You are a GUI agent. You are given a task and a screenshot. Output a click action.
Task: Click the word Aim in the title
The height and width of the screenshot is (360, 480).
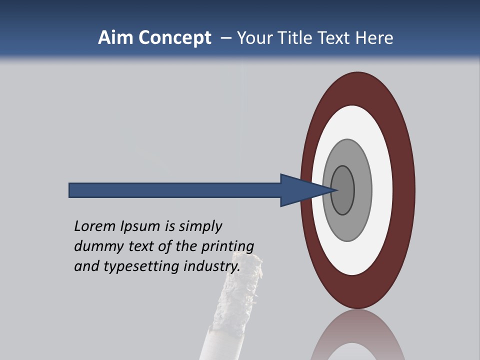click(110, 38)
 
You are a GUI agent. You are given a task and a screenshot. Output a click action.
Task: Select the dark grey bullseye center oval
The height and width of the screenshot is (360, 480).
click(343, 190)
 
